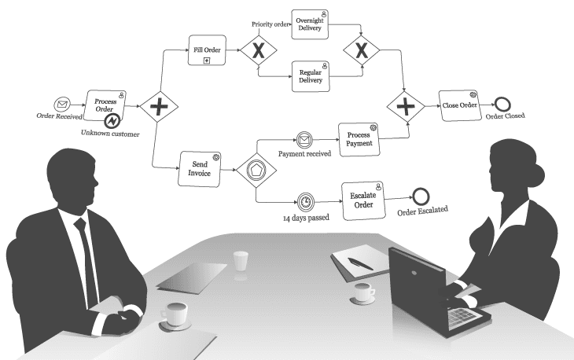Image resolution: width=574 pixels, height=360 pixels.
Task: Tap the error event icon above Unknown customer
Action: pyautogui.click(x=112, y=122)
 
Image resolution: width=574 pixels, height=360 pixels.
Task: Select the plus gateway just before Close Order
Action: pyautogui.click(x=405, y=105)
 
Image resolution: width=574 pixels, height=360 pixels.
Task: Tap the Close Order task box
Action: pyautogui.click(x=459, y=105)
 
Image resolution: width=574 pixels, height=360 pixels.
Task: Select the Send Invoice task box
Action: pyautogui.click(x=200, y=169)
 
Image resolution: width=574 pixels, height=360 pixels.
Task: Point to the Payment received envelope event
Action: pyautogui.click(x=304, y=140)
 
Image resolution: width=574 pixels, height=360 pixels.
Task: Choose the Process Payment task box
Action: pyautogui.click(x=359, y=140)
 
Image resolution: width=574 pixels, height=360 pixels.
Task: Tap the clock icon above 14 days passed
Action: pyautogui.click(x=305, y=201)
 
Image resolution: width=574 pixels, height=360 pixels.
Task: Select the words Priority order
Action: pyautogui.click(x=270, y=24)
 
